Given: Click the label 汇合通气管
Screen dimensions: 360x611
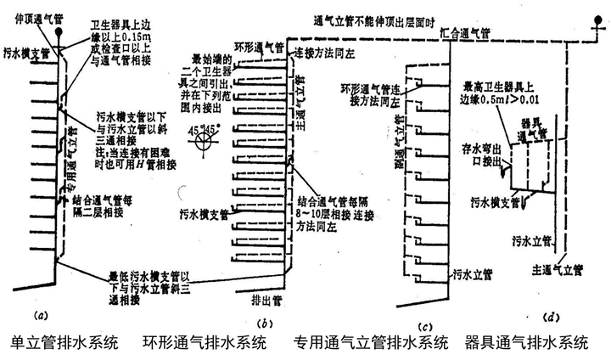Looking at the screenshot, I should point(465,34).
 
